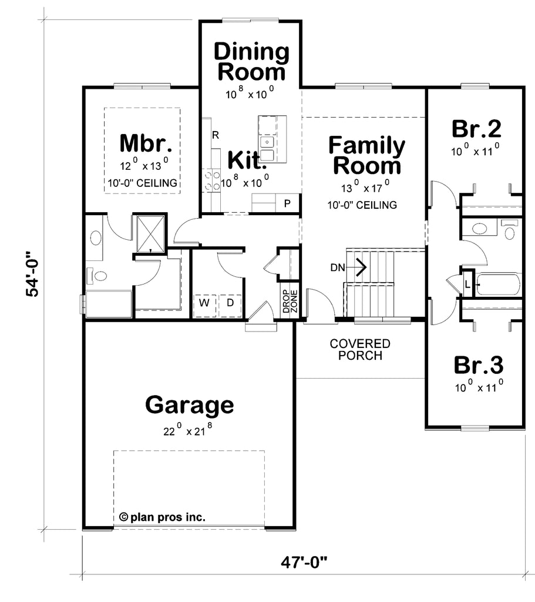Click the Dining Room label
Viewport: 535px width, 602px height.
click(x=251, y=62)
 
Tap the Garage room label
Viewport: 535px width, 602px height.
click(x=189, y=405)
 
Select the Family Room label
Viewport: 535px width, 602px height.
click(x=366, y=155)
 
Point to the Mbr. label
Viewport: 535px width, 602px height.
click(x=146, y=143)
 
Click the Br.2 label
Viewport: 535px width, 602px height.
click(x=476, y=128)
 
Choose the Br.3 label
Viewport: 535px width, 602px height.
click(x=478, y=365)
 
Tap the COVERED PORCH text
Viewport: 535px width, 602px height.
click(x=359, y=349)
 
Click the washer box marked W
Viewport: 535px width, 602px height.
click(x=204, y=303)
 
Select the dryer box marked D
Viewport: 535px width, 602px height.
click(x=230, y=303)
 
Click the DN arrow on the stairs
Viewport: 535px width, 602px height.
click(x=359, y=267)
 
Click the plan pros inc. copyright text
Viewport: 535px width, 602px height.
click(x=162, y=517)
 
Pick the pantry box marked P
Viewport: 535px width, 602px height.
click(x=287, y=203)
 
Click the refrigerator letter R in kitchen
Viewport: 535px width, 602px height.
click(x=216, y=135)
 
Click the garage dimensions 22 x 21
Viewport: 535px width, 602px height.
click(x=188, y=431)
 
